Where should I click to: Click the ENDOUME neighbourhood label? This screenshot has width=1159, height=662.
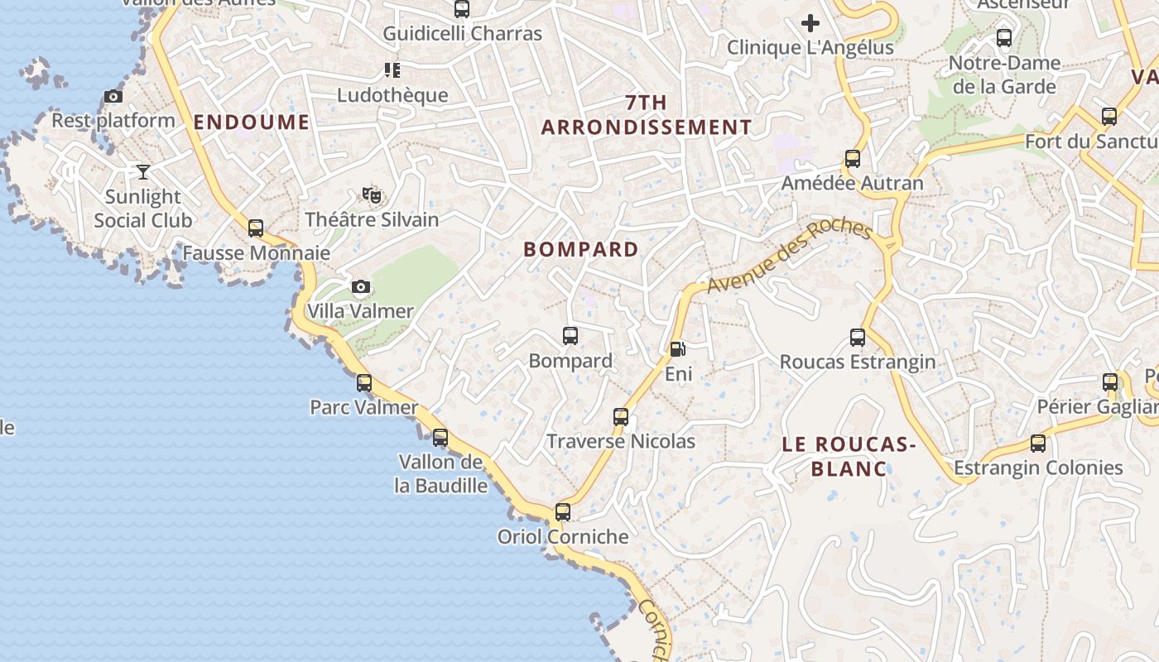(x=251, y=122)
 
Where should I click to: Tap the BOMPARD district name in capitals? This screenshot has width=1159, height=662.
(x=581, y=249)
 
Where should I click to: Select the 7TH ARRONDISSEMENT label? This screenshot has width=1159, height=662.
(x=647, y=115)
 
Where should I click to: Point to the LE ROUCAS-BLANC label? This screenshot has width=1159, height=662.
(x=849, y=457)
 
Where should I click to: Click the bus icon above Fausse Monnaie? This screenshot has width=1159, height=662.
(x=256, y=228)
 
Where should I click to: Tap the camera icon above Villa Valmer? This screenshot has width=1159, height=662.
(x=361, y=287)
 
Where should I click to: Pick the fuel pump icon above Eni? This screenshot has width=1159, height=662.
(x=677, y=349)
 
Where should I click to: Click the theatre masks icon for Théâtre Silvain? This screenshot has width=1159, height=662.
(x=372, y=195)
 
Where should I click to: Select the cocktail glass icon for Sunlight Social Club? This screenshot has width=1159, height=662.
(x=143, y=172)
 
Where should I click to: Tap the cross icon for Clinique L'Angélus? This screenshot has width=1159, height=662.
(x=810, y=23)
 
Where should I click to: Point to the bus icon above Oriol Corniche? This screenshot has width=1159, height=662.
(x=563, y=511)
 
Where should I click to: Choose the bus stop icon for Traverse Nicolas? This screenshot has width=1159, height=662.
(x=621, y=416)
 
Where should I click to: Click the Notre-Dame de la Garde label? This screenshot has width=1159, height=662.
(x=1004, y=74)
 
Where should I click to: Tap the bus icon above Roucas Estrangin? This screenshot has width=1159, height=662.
(x=858, y=338)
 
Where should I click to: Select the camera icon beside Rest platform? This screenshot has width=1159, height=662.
(x=113, y=96)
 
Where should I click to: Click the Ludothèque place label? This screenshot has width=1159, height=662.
(x=392, y=95)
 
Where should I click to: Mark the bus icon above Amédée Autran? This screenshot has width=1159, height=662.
(x=853, y=158)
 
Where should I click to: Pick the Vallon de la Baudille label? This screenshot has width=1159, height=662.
(x=440, y=473)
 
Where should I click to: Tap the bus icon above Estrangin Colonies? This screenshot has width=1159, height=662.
(x=1038, y=443)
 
